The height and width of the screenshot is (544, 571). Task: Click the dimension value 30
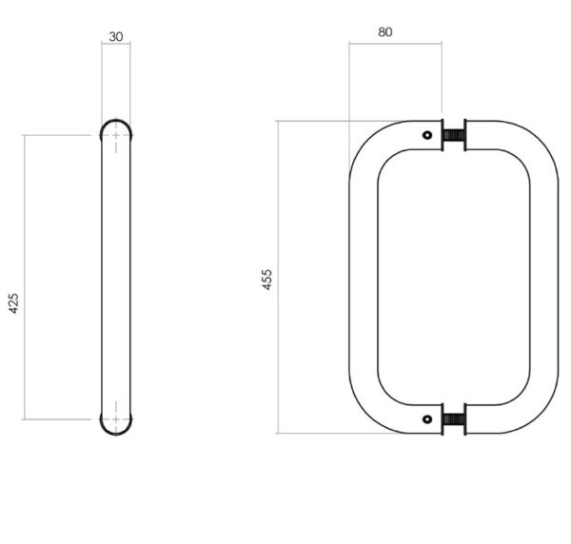click(116, 37)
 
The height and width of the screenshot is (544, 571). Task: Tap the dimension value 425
click(13, 303)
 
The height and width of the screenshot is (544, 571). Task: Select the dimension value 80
click(384, 32)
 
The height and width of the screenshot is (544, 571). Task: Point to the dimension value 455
click(266, 280)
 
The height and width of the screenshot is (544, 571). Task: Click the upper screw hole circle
click(427, 135)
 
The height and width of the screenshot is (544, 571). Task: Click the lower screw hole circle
click(427, 419)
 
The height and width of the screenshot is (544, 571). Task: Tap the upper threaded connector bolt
click(454, 135)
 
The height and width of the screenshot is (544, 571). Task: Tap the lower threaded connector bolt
click(454, 419)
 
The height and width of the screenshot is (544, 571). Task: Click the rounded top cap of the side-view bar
click(116, 121)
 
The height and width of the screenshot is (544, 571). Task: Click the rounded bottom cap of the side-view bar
click(116, 434)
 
